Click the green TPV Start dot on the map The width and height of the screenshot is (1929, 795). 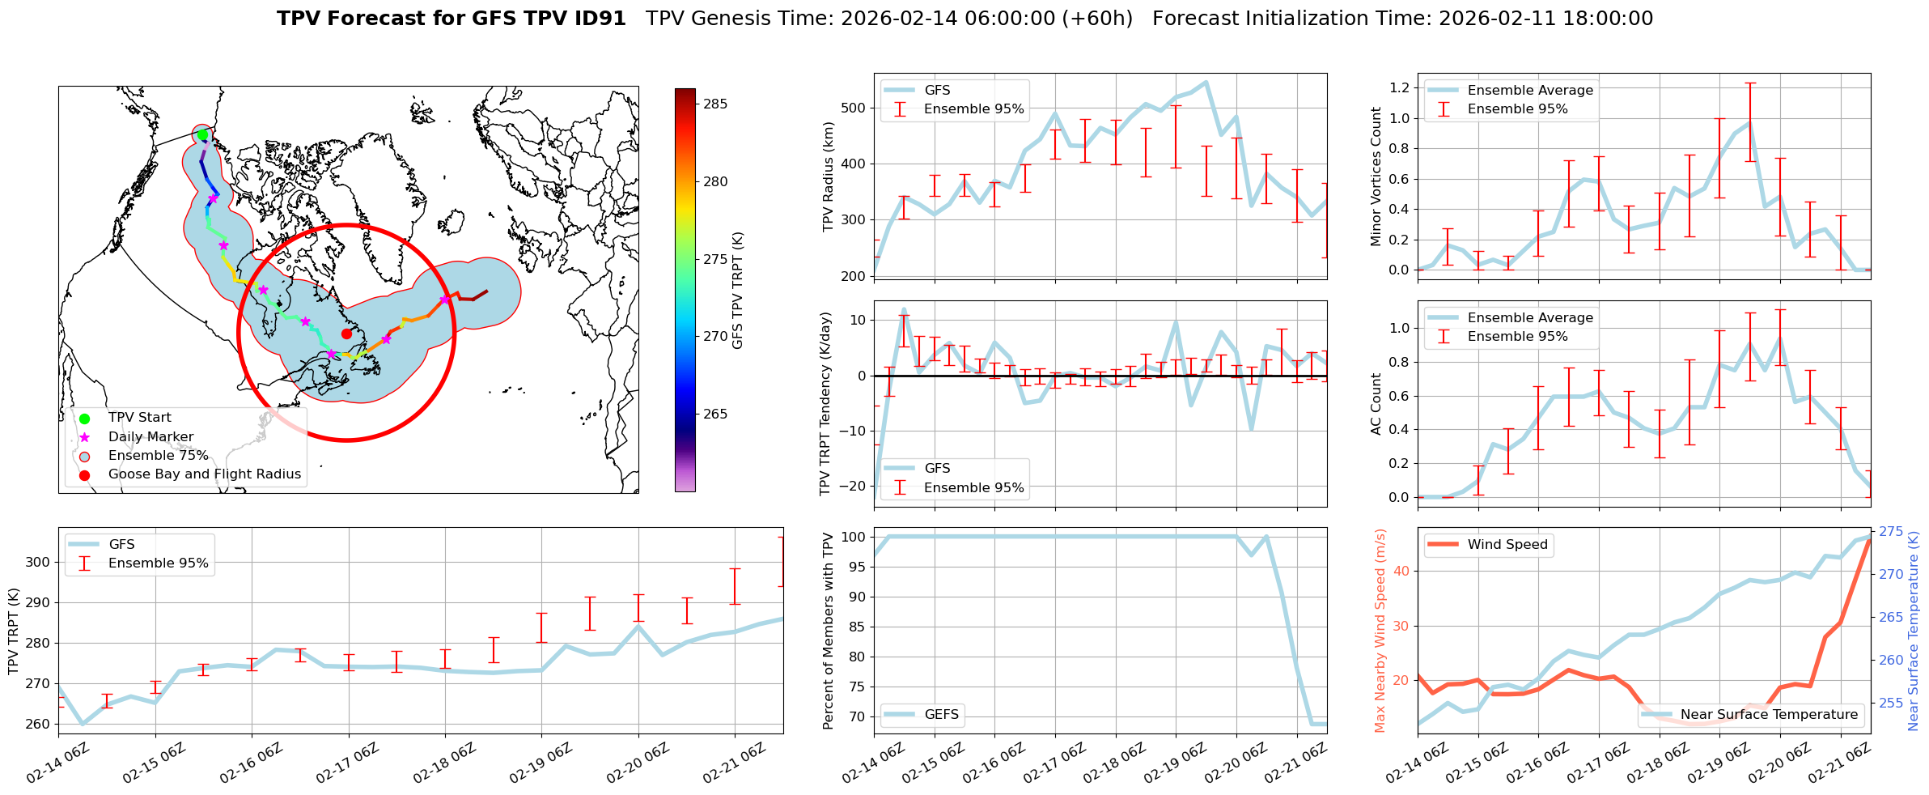[x=203, y=135]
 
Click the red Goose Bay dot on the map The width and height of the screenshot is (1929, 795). [x=346, y=334]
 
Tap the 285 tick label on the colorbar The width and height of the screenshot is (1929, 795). [x=715, y=104]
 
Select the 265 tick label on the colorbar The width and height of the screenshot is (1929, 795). [x=715, y=414]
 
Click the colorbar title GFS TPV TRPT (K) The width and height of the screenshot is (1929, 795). [x=737, y=291]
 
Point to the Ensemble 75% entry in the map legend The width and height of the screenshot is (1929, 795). [x=158, y=456]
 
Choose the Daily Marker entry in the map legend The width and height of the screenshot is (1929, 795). [x=151, y=437]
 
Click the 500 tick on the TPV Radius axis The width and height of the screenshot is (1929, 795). [x=854, y=108]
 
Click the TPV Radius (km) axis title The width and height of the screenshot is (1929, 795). [x=828, y=176]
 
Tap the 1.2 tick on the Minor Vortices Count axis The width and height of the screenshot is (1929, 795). [x=1398, y=87]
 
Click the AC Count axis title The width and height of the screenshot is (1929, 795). [x=1376, y=404]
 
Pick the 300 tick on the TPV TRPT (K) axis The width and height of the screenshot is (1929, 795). [x=39, y=563]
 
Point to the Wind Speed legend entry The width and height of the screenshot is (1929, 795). [x=1507, y=545]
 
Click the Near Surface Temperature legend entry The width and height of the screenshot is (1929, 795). [x=1769, y=715]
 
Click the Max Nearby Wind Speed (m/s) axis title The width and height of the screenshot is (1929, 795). [x=1380, y=631]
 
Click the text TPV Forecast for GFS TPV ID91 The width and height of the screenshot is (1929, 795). [x=452, y=19]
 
